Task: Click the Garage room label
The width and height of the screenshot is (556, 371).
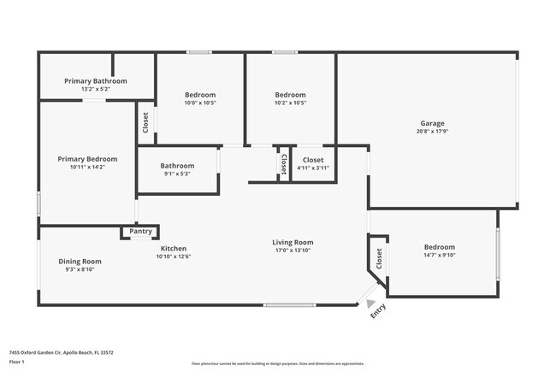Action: [431, 122]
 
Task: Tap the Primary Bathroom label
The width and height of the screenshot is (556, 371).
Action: [96, 80]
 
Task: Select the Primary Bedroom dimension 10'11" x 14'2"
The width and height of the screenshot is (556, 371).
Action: [87, 168]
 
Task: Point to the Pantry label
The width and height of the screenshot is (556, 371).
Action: [140, 232]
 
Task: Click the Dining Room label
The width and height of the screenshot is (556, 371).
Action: [80, 261]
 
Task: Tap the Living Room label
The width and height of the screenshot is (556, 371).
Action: [293, 242]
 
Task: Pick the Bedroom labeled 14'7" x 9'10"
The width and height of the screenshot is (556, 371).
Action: [440, 247]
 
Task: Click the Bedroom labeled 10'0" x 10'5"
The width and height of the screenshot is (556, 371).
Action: [200, 94]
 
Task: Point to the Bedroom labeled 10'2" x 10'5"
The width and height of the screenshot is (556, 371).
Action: [290, 94]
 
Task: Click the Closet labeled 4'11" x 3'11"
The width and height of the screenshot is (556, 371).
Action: [312, 160]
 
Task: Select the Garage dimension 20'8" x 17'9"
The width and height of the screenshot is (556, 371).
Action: [431, 131]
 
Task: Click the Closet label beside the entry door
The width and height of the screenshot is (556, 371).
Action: [376, 257]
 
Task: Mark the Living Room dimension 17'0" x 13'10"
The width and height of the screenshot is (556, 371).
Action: [293, 250]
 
